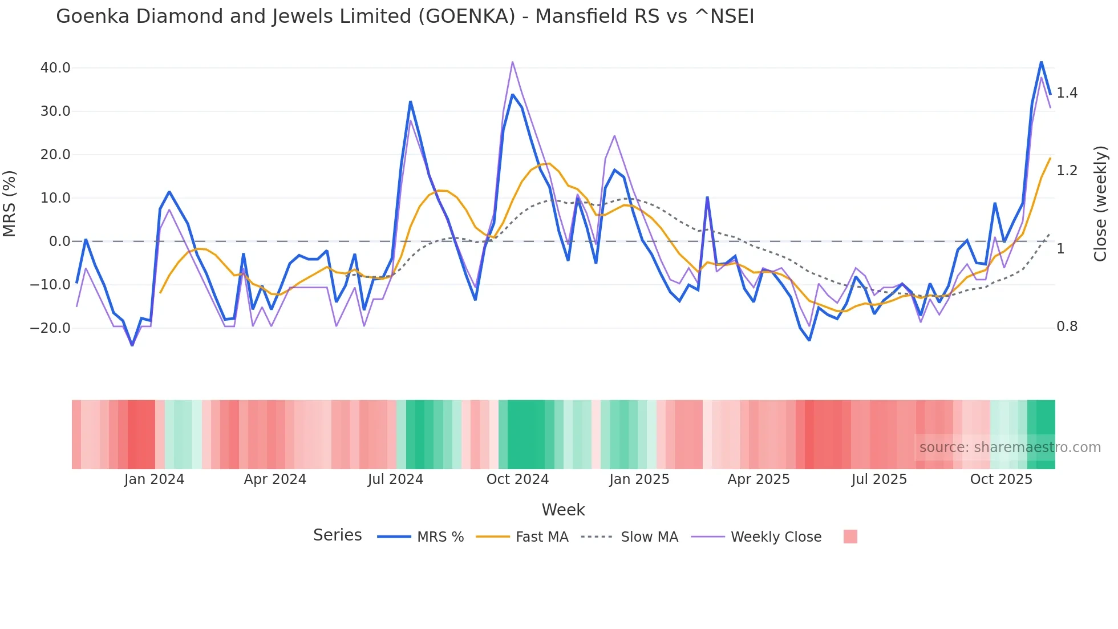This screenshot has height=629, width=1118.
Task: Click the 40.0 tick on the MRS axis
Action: click(x=55, y=68)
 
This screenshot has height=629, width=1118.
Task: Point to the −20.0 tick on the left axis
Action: click(x=51, y=328)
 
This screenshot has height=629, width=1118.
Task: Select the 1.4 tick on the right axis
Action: click(x=1067, y=93)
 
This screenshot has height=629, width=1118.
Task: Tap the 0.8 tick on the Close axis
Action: click(x=1067, y=326)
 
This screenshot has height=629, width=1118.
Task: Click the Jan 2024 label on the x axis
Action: click(x=154, y=479)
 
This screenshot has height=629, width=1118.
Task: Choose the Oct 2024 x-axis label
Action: click(x=517, y=479)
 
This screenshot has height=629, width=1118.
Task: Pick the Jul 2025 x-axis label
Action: click(x=879, y=479)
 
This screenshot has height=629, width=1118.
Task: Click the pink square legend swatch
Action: click(x=850, y=537)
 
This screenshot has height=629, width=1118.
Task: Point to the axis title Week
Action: click(x=563, y=510)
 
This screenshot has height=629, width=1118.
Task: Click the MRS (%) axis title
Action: click(x=10, y=203)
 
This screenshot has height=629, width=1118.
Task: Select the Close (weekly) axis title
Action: click(x=1100, y=203)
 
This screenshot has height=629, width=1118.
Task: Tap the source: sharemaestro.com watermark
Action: click(x=1010, y=447)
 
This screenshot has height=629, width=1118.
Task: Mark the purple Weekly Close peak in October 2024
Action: click(x=512, y=62)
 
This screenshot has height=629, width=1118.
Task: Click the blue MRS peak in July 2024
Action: click(x=410, y=102)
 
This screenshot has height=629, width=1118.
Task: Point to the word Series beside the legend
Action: click(x=337, y=535)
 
